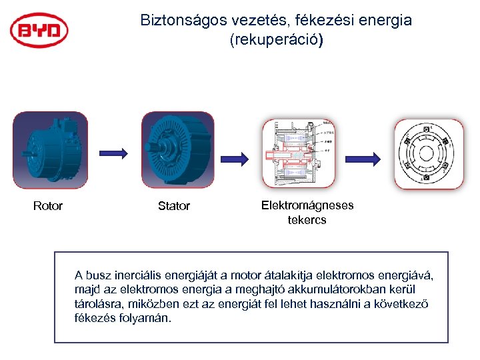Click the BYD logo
[39, 31]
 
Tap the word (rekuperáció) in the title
[276, 40]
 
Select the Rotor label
[48, 206]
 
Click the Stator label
[174, 206]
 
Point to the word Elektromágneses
[307, 205]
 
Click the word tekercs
[307, 219]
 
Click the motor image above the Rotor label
[50, 151]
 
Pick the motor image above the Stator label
[178, 151]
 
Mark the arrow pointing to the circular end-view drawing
[366, 158]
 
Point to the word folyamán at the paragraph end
[149, 317]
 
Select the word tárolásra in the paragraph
[97, 303]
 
